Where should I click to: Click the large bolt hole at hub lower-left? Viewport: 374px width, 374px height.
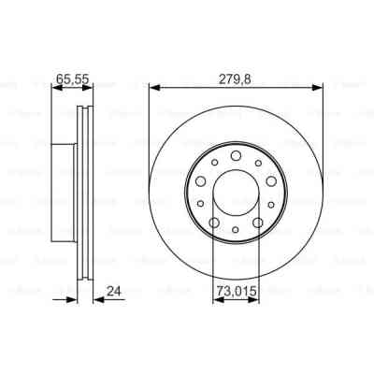click(x=214, y=221)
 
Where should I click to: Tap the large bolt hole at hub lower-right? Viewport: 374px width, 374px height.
click(x=257, y=221)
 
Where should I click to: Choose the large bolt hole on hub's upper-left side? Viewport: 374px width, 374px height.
click(x=201, y=180)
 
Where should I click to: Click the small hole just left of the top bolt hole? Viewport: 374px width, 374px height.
click(x=216, y=163)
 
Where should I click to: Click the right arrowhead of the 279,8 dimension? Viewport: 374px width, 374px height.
click(x=320, y=86)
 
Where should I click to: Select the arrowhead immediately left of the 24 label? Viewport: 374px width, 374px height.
click(x=96, y=299)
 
